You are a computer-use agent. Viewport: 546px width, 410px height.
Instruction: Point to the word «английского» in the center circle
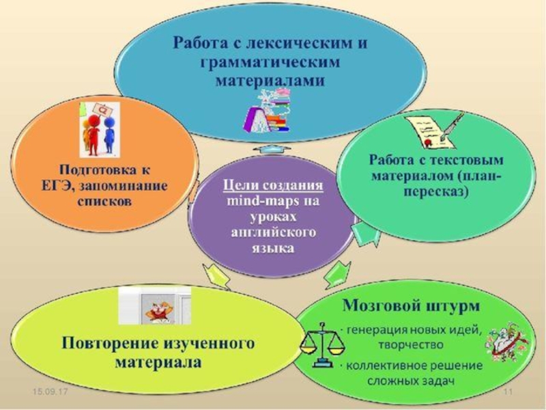pyautogui.click(x=271, y=234)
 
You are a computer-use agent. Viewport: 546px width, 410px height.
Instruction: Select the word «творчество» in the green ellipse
pyautogui.click(x=416, y=344)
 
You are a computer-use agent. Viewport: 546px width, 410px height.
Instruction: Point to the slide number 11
pyautogui.click(x=506, y=392)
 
